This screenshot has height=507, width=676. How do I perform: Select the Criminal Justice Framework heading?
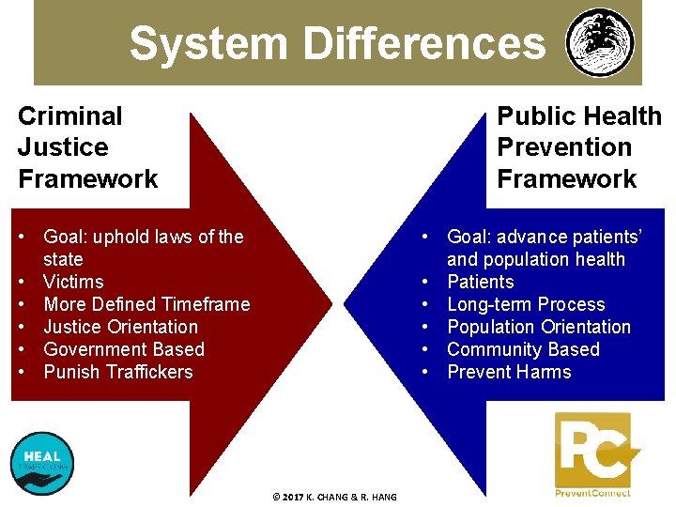[87, 147]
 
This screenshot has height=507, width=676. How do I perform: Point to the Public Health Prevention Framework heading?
[578, 147]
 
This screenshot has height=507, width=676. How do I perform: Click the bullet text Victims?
[73, 282]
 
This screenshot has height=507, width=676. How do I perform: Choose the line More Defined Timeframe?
[146, 304]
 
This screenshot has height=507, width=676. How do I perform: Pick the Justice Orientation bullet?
[120, 327]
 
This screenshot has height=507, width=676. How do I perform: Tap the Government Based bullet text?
[124, 349]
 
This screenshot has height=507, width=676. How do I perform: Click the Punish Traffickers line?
[117, 372]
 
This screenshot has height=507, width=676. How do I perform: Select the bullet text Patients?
[481, 282]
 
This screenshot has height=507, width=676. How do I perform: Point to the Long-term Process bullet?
[526, 304]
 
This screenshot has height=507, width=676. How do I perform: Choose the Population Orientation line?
[539, 327]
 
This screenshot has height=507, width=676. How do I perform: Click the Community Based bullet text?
[523, 349]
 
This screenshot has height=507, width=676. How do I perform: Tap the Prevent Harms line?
[509, 372]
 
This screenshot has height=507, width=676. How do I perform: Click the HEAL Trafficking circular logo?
[41, 463]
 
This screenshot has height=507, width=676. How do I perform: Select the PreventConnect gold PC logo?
[593, 451]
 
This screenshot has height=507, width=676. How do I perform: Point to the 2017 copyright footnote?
[334, 497]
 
